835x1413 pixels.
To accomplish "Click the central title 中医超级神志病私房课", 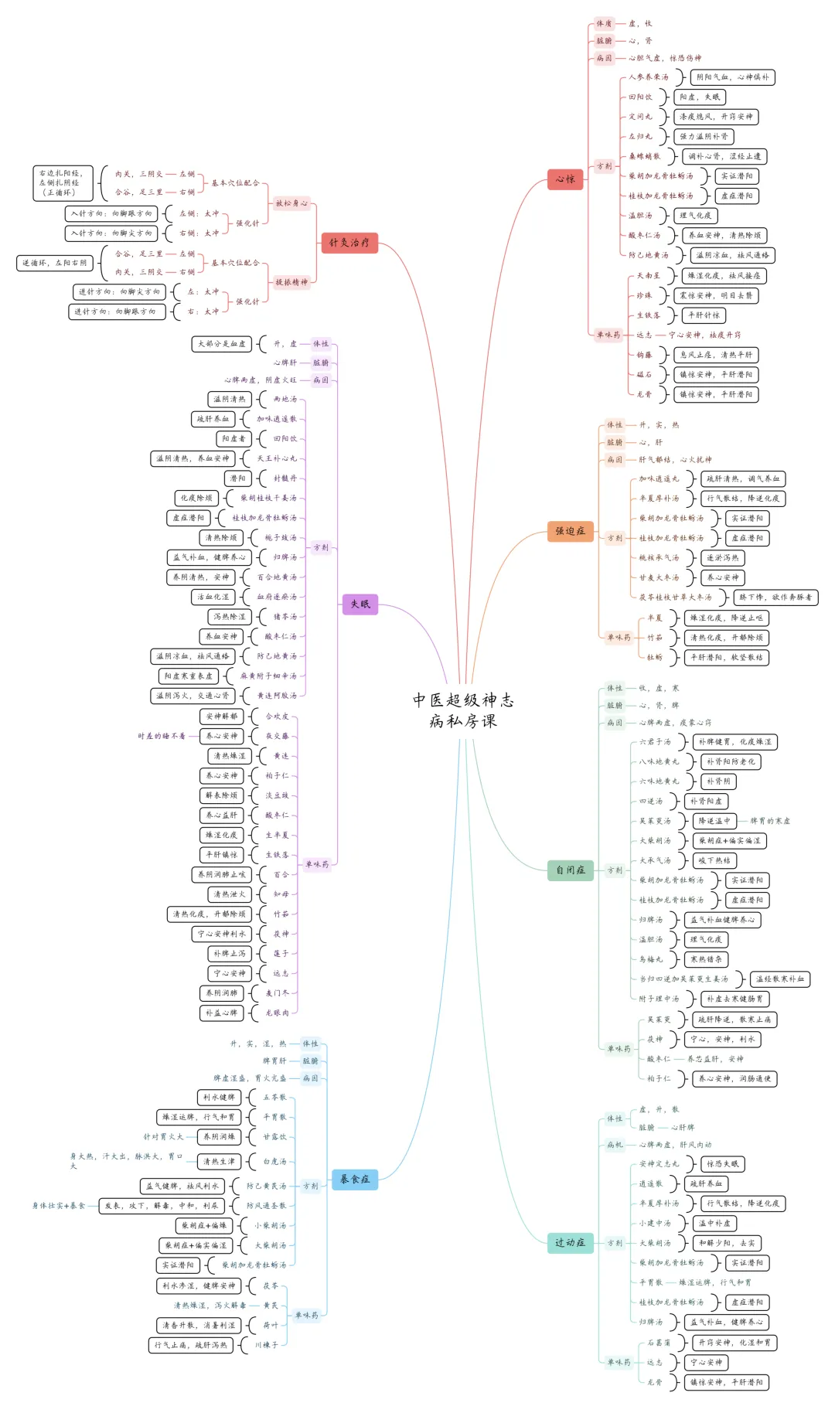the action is pos(463,710).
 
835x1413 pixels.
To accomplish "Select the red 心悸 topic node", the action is pos(564,179).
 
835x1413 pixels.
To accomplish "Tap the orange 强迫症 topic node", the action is pos(571,531).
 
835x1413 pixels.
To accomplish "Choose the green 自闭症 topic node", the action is pos(571,870).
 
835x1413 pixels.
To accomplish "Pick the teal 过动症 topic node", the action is pos(570,1242).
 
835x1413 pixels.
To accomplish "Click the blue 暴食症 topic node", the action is pos(355,1179).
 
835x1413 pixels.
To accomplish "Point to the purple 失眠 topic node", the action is pos(360,604).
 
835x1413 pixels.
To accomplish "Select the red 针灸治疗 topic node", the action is pos(349,243).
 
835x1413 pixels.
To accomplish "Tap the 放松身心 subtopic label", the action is pos(291,203).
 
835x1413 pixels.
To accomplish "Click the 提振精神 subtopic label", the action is pos(291,282).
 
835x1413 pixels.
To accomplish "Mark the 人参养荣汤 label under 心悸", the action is pos(648,77).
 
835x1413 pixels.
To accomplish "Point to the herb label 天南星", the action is pos(649,276).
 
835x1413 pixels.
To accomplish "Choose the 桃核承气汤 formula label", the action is pos(659,557).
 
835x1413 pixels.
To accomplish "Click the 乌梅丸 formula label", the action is pos(651,959).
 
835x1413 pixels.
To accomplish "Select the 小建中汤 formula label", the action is pos(655,1223).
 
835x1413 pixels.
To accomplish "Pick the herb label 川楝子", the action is pos(266,1345).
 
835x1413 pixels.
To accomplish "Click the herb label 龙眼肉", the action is pos(277,1013).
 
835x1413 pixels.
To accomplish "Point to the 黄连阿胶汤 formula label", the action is pos(276,696).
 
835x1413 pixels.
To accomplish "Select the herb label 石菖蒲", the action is pos(659,1343).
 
